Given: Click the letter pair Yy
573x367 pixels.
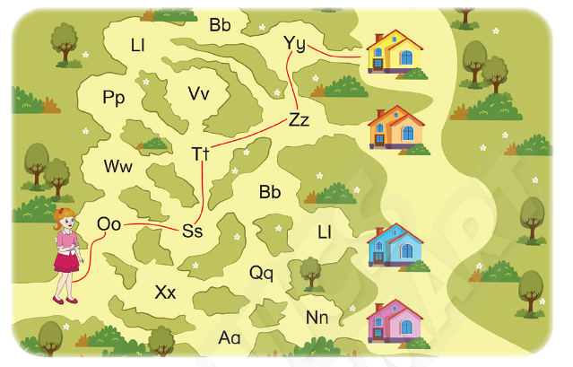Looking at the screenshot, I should tap(294, 43).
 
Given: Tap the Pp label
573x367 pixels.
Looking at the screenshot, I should tap(113, 97).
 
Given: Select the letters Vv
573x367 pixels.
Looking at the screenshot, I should tap(199, 93).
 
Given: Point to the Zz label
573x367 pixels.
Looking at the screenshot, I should tap(299, 119).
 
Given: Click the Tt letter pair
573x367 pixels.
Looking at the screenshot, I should tap(200, 153).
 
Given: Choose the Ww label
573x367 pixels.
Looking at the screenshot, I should tap(117, 166).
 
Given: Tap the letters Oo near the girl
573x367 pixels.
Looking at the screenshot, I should tap(109, 223).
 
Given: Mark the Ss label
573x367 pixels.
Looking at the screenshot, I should tap(192, 231).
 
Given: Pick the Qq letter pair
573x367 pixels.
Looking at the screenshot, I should tap(261, 272).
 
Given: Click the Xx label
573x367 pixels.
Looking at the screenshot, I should tap(165, 293).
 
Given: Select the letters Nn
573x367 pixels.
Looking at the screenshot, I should tap(317, 317).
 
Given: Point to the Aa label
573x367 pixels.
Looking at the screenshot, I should tap(230, 337).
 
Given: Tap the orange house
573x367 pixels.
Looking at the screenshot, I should tap(395, 127).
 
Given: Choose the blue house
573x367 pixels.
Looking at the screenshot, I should tap(395, 245).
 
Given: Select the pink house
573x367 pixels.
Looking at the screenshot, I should tap(395, 321).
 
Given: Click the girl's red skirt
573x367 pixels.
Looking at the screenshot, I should tap(66, 260).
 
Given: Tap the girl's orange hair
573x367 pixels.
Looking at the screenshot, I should tap(64, 215).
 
